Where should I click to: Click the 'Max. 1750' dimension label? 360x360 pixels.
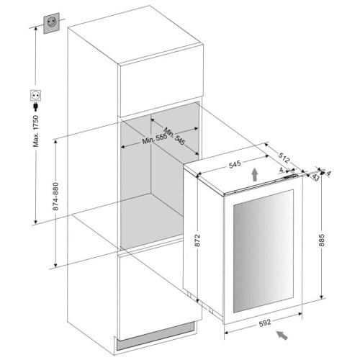point(36,131)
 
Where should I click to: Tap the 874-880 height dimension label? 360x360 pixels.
point(55,197)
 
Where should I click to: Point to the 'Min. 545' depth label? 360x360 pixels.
point(174,136)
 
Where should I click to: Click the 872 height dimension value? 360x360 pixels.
point(197,240)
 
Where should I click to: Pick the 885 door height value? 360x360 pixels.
point(322,240)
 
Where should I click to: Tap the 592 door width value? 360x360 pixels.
point(265,323)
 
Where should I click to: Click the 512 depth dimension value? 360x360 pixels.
point(284,158)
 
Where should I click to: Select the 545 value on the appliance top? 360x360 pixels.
point(235,165)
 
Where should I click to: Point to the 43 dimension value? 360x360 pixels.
point(315,178)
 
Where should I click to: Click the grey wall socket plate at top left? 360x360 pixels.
point(51,23)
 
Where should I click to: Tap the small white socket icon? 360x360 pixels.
point(36,95)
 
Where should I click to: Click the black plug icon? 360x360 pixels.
point(36,107)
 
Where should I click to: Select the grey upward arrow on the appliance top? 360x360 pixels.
point(255,174)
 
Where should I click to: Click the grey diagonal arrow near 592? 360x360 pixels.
point(282,335)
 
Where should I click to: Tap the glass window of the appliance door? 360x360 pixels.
point(264,251)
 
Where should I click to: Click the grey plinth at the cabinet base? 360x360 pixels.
point(155,336)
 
